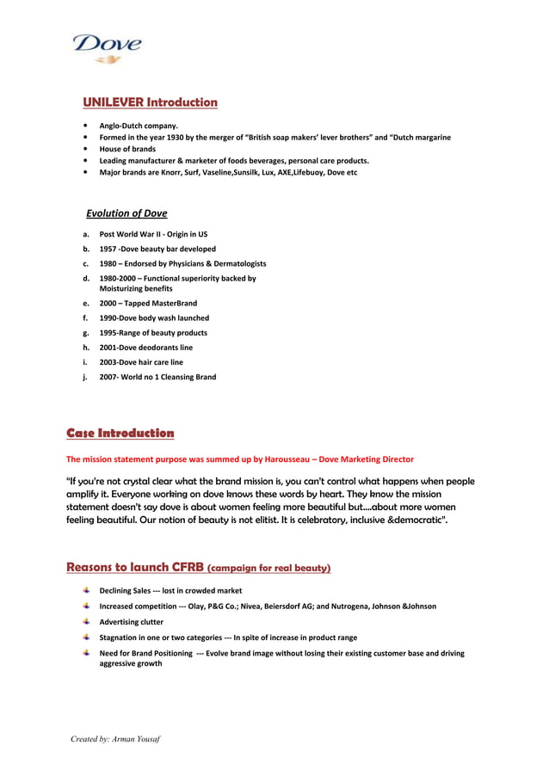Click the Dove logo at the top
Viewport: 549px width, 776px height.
click(107, 47)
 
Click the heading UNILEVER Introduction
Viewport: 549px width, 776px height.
click(150, 102)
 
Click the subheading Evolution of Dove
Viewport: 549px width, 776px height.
click(126, 213)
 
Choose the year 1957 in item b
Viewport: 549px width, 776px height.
click(108, 249)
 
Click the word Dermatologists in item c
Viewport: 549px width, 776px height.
click(235, 263)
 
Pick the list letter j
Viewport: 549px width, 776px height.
click(85, 377)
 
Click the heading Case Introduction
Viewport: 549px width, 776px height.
click(120, 433)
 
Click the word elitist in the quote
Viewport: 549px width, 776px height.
click(253, 520)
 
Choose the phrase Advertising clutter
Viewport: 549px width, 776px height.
click(131, 621)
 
